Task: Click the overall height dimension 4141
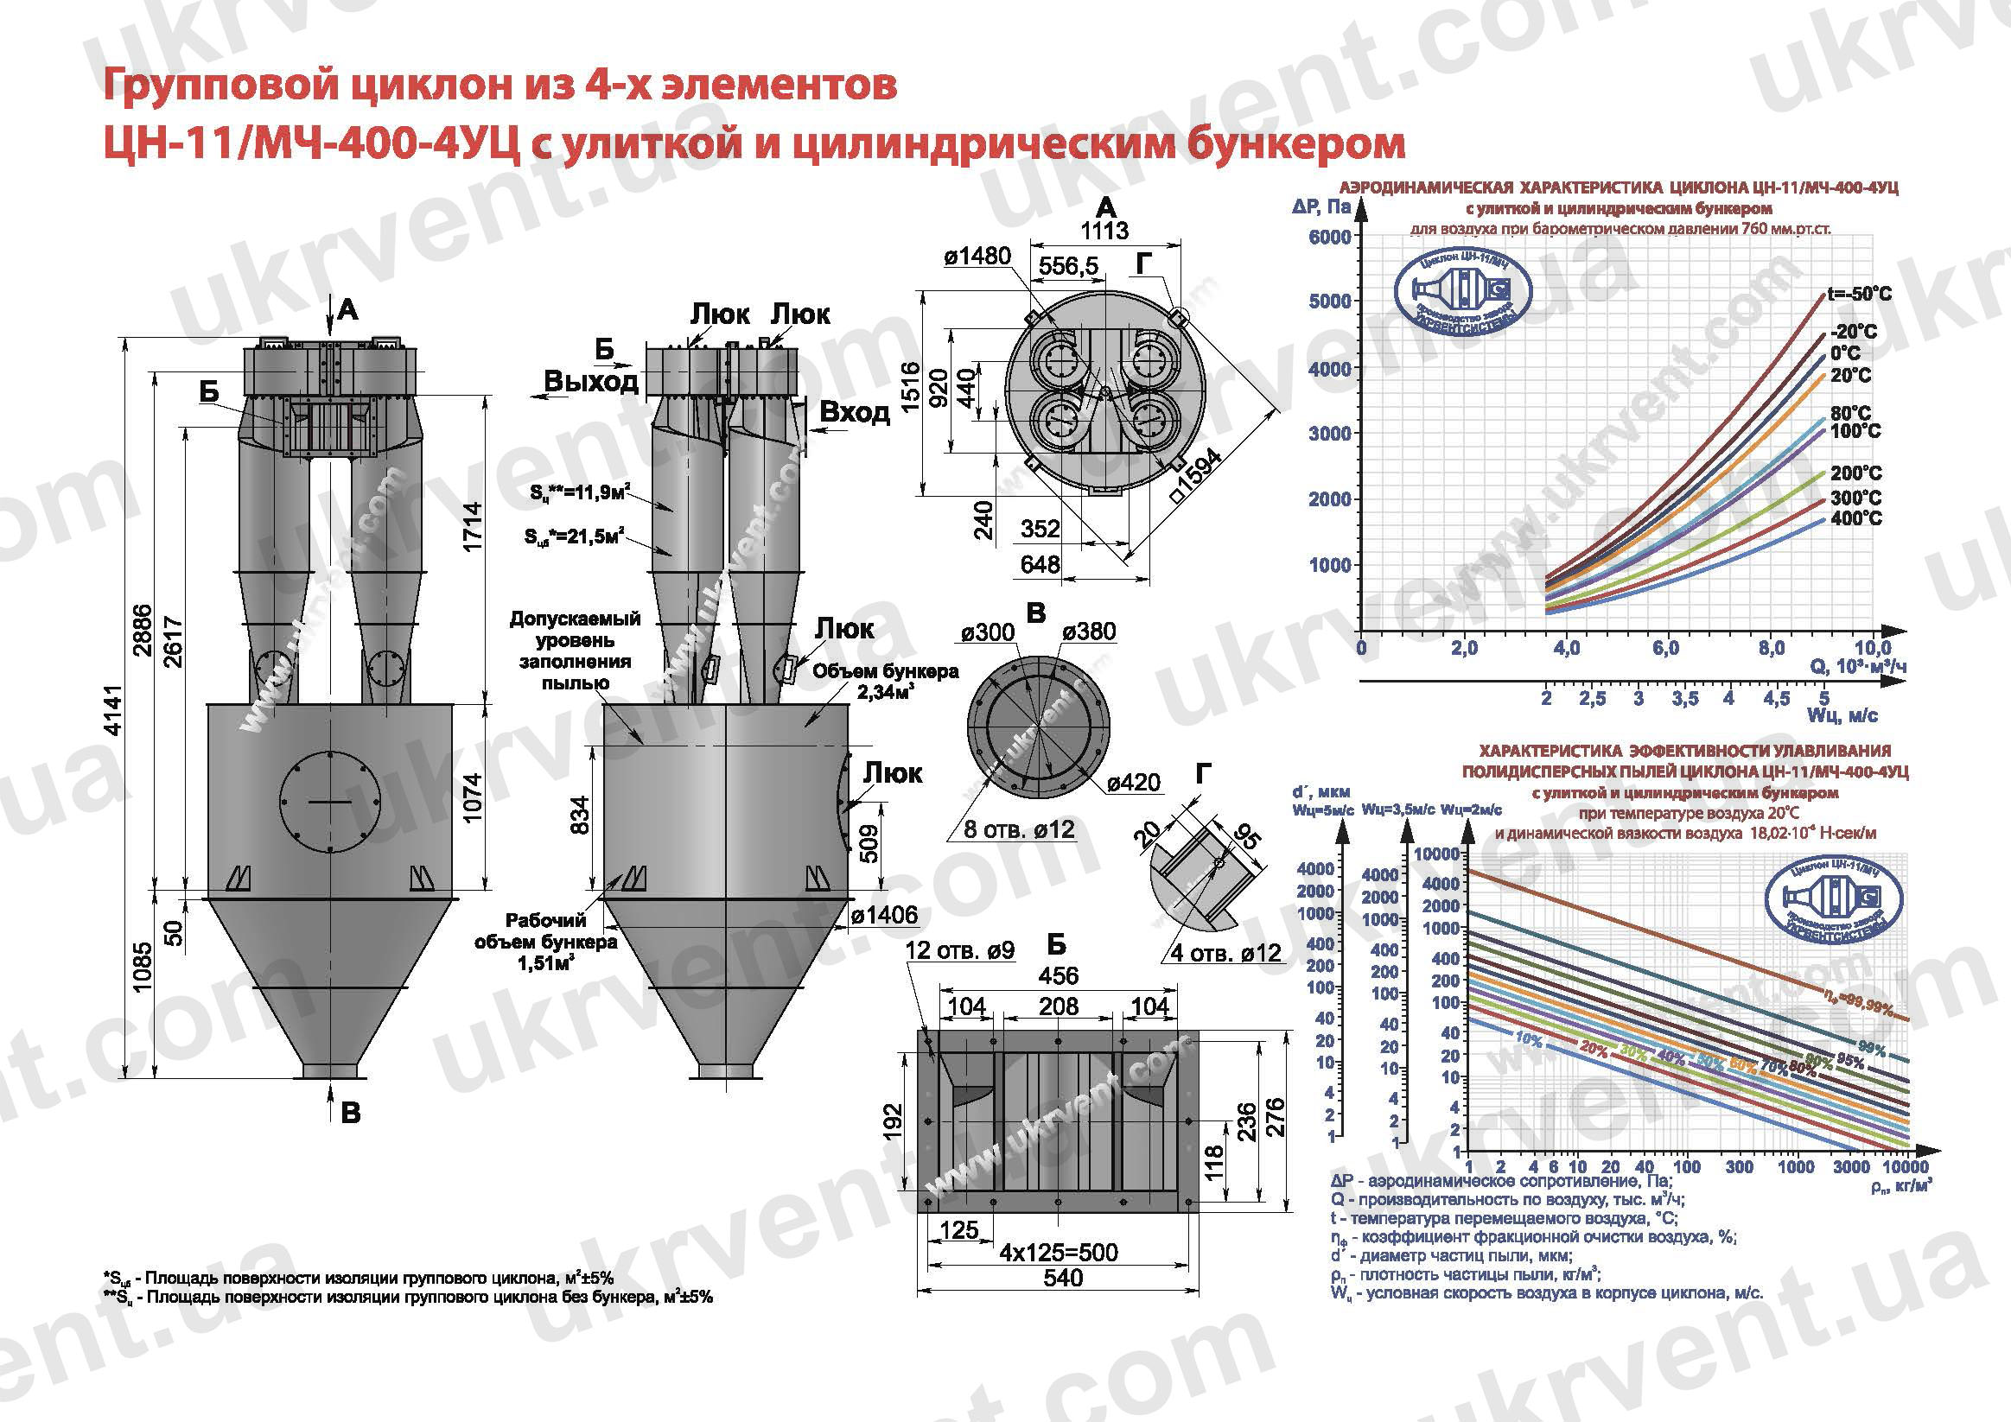click(x=115, y=710)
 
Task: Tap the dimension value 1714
click(x=473, y=526)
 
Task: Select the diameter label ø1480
click(x=977, y=257)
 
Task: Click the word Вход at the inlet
click(x=854, y=412)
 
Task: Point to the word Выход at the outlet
click(x=591, y=382)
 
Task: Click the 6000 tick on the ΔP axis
click(x=1329, y=238)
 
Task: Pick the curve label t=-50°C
click(x=1859, y=295)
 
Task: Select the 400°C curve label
click(x=1855, y=518)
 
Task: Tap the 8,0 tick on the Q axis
click(x=1771, y=649)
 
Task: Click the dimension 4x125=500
click(x=1058, y=1252)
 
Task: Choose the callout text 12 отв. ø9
click(x=960, y=951)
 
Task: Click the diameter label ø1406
click(x=884, y=916)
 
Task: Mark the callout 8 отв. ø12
click(x=1019, y=829)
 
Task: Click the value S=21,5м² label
click(x=575, y=536)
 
